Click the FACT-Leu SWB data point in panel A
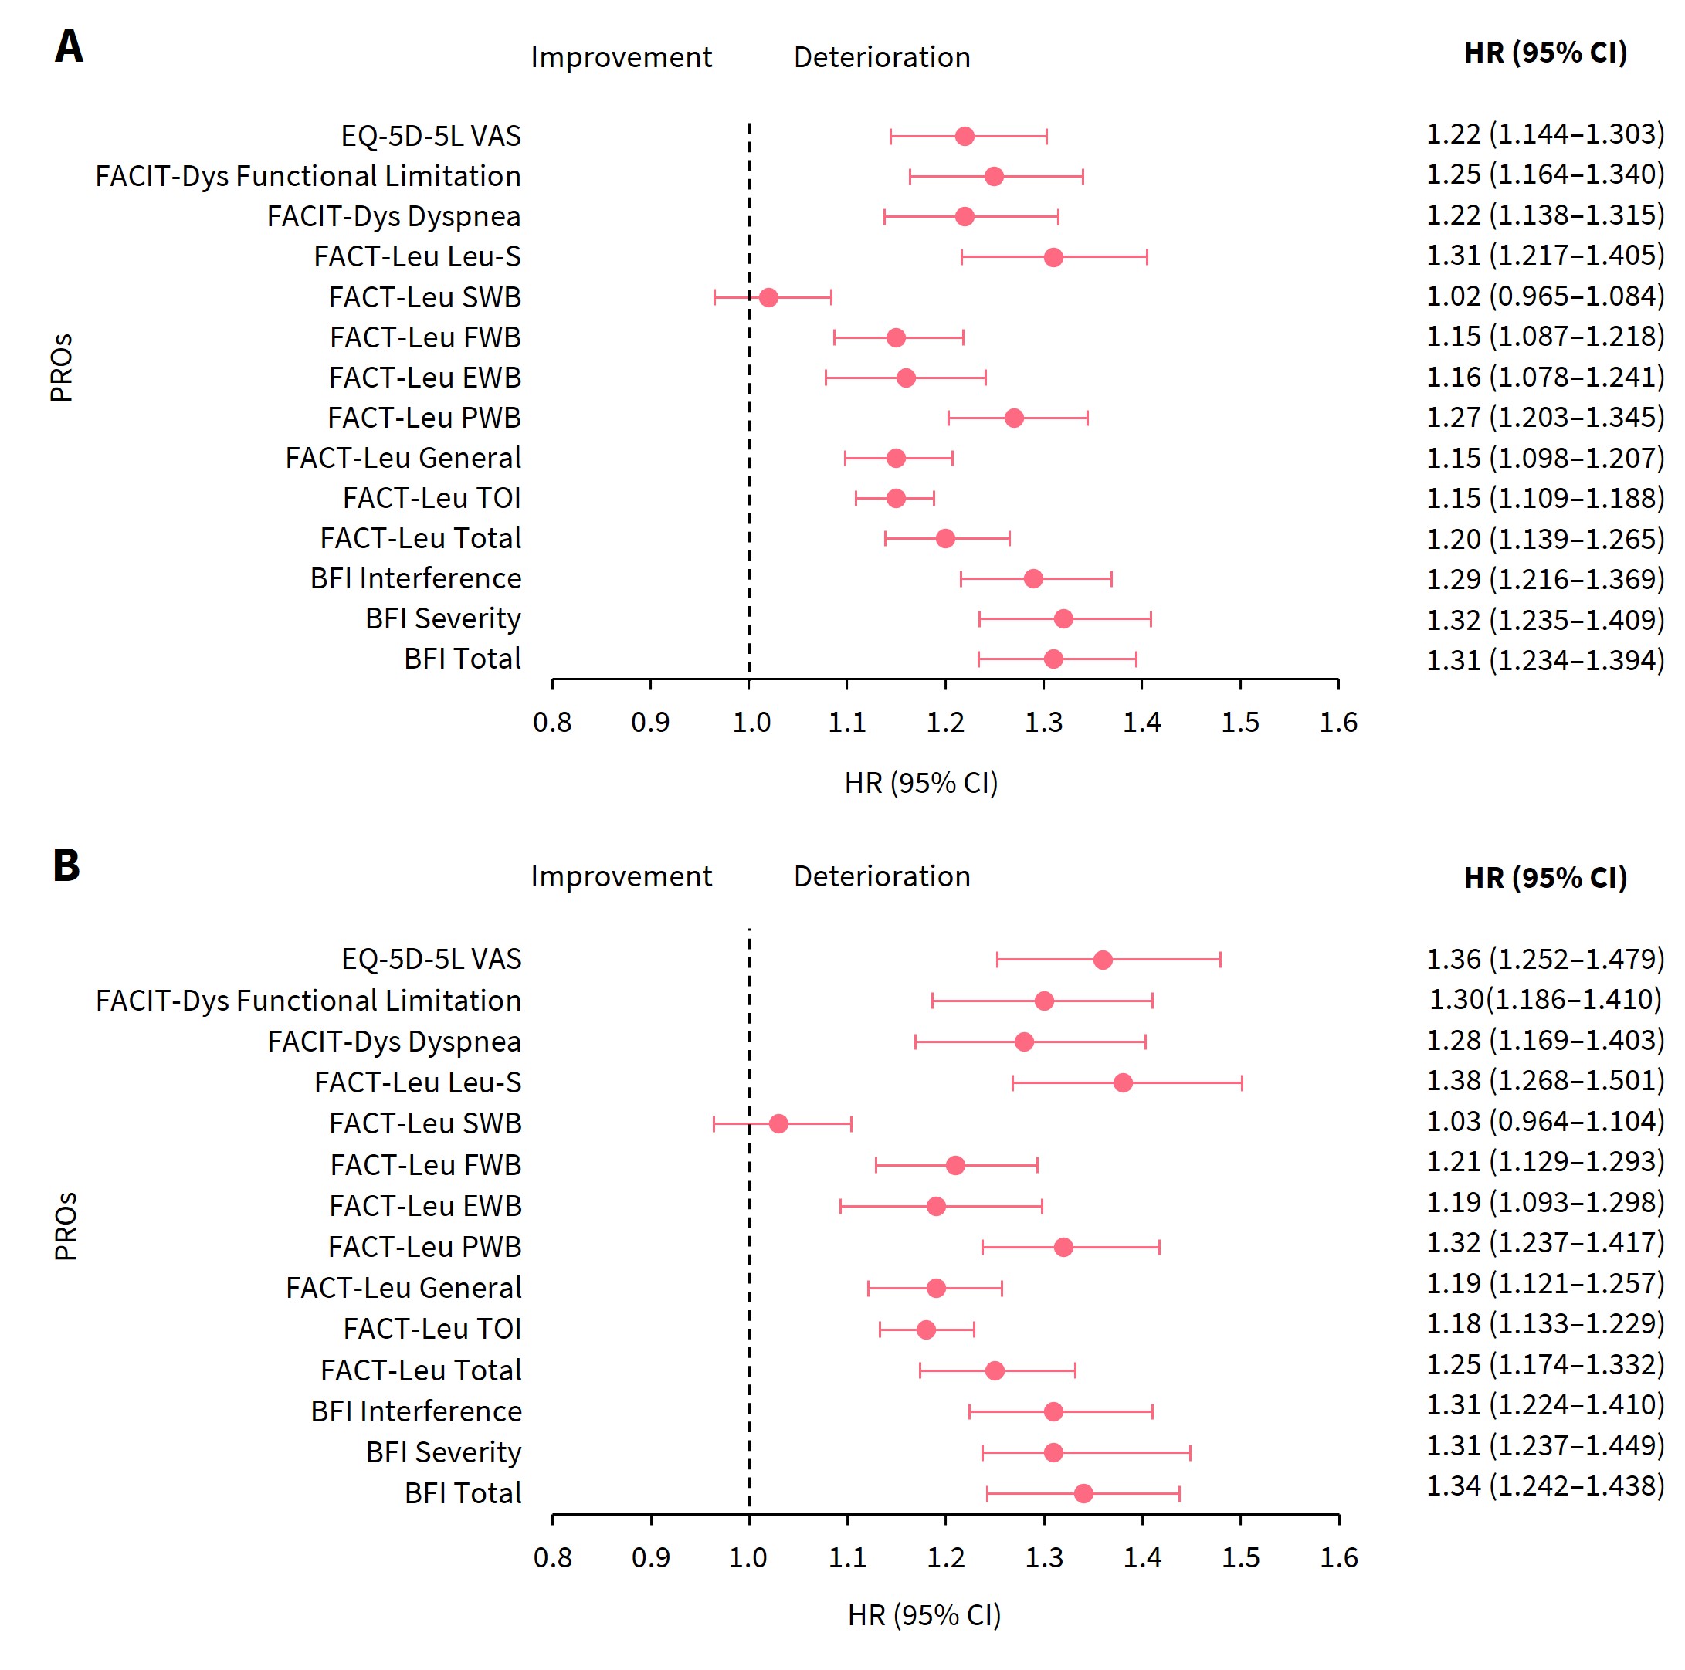pos(768,297)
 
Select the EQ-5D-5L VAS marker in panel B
pos(1103,960)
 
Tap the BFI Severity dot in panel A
pos(1063,619)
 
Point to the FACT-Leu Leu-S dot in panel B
pos(1123,1083)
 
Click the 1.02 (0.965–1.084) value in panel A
pos(1544,296)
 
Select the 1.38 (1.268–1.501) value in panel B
pos(1544,1080)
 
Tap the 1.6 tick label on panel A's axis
pos(1337,722)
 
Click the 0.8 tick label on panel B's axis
pos(552,1557)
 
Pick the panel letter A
pos(69,47)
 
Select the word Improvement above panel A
pos(621,58)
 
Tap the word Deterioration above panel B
pos(882,876)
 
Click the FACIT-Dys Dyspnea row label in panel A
pos(393,216)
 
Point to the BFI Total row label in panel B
pos(463,1493)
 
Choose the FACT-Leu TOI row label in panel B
pos(432,1329)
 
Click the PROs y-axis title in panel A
pos(61,368)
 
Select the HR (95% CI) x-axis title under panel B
pos(924,1615)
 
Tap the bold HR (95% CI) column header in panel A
pos(1545,53)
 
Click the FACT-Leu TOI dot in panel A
pos(896,498)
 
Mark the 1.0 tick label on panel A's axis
pos(750,722)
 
